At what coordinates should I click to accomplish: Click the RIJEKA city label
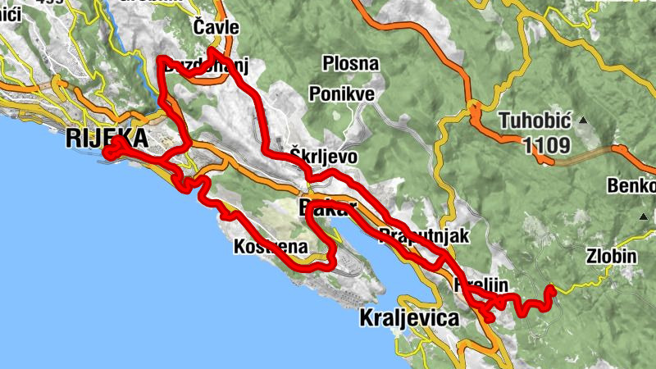coord(107,137)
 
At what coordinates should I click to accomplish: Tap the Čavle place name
coord(216,28)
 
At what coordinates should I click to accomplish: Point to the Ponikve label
coord(342,93)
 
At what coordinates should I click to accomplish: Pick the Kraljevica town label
coord(409,318)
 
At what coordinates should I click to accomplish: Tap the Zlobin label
coord(611,256)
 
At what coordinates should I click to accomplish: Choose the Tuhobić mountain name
coord(535,121)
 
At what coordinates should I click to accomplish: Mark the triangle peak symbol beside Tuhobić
coord(583,121)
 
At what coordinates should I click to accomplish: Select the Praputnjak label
coord(424,237)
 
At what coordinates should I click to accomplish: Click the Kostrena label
coord(271,246)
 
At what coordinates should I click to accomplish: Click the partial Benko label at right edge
coord(631,185)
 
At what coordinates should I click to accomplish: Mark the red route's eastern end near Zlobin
coord(551,289)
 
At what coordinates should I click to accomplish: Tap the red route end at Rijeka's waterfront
coord(107,153)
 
